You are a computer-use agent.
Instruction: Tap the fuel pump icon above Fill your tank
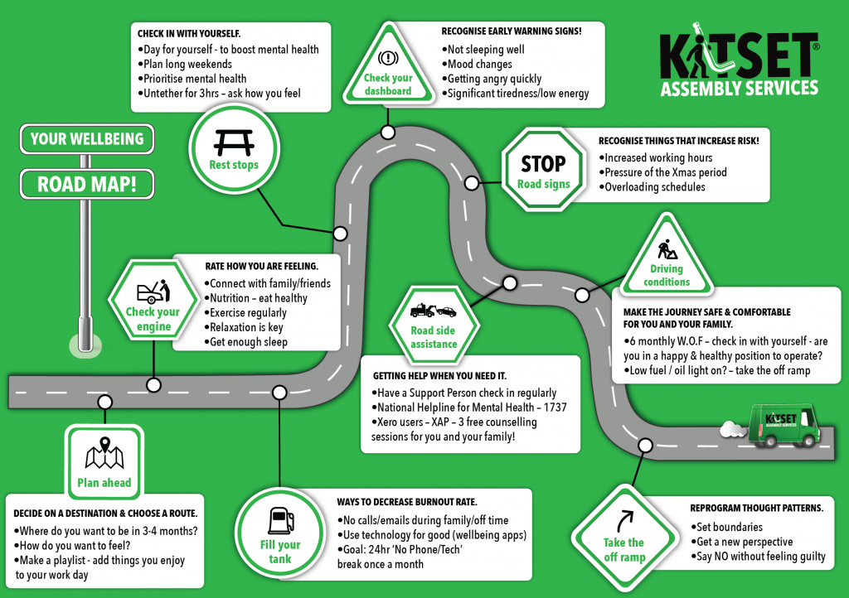[279, 520]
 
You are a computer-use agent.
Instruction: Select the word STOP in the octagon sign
[543, 163]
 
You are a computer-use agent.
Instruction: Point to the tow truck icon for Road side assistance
[433, 311]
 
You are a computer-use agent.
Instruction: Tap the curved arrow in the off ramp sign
[623, 521]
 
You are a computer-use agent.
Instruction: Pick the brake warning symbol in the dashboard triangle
[388, 59]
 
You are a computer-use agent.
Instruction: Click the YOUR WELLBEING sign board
[87, 139]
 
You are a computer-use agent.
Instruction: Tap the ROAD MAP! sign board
[87, 183]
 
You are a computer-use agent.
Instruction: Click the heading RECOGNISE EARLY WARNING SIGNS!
[511, 31]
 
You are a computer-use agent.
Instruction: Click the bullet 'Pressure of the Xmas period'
[666, 172]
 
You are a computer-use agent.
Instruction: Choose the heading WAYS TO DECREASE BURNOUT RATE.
[406, 503]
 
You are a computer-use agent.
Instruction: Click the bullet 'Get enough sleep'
[249, 342]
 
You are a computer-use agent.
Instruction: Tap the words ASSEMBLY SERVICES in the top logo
[739, 87]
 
